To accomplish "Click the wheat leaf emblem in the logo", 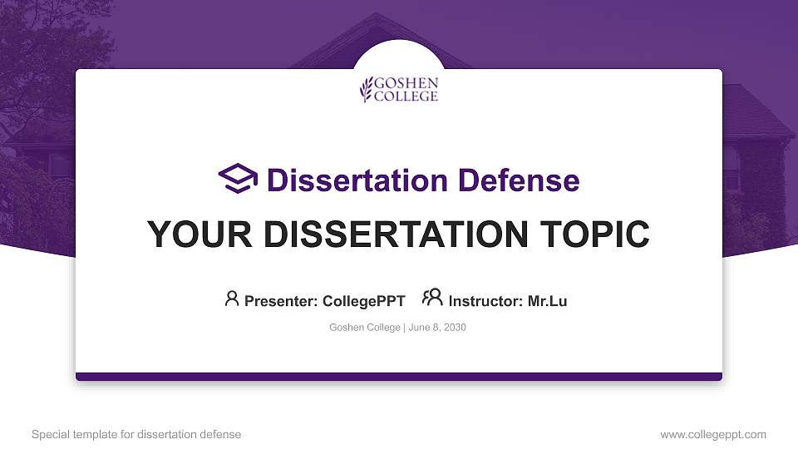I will [x=366, y=89].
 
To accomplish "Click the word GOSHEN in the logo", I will [x=406, y=84].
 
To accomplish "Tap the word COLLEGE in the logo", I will [x=406, y=96].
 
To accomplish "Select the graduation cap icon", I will [x=239, y=179].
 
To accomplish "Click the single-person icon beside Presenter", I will [x=232, y=299].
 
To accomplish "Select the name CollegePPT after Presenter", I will [x=363, y=301].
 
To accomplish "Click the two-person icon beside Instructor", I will [x=432, y=298].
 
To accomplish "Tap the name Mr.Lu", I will [x=548, y=301].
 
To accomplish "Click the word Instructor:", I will [x=485, y=301].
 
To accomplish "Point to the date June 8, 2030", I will [x=437, y=328].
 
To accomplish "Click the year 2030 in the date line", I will [x=455, y=328].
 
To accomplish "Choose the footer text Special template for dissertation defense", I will [x=136, y=434].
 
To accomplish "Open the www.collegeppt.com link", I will [x=713, y=434].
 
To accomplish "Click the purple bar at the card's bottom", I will [x=399, y=377].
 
